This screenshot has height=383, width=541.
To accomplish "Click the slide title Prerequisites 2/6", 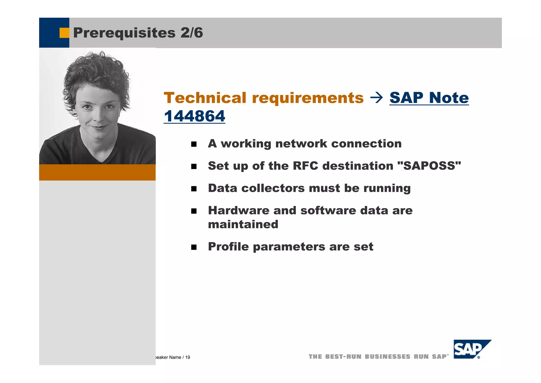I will [138, 33].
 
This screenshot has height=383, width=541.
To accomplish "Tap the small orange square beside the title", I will [64, 33].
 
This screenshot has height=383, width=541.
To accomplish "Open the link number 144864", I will [194, 116].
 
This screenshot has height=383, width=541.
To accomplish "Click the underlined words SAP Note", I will [429, 98].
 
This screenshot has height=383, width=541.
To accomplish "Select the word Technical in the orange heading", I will [205, 98].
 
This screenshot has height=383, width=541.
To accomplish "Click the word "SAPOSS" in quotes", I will [429, 166].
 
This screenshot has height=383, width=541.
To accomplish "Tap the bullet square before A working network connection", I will [194, 144].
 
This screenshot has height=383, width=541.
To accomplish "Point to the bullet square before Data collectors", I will [194, 189].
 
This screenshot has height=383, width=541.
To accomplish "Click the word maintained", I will [243, 225].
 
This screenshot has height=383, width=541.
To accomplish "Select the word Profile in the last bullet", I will [228, 247].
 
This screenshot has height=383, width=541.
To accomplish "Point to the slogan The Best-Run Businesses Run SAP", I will [378, 357].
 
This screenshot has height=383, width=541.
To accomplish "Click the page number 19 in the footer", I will [188, 357].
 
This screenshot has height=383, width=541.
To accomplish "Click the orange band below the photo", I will [97, 172].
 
